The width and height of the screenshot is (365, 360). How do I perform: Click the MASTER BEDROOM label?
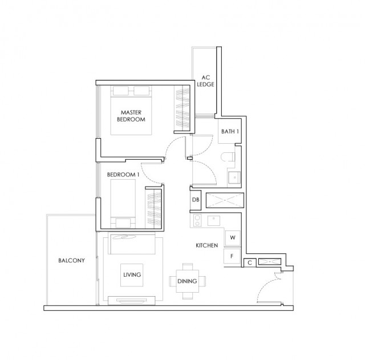pyautogui.click(x=131, y=116)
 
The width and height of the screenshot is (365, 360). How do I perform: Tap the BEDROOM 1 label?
pyautogui.click(x=123, y=175)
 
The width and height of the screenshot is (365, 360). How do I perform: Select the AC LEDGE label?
pyautogui.click(x=205, y=81)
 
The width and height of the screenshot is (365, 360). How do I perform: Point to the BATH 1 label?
pyautogui.click(x=230, y=131)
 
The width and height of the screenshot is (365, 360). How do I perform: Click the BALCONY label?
pyautogui.click(x=71, y=260)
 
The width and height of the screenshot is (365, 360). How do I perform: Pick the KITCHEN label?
pyautogui.click(x=207, y=245)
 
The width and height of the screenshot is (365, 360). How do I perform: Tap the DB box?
pyautogui.click(x=196, y=200)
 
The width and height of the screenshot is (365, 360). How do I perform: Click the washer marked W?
pyautogui.click(x=233, y=238)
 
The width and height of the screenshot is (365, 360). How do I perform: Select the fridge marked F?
pyautogui.click(x=232, y=256)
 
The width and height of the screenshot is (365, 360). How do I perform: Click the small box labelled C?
pyautogui.click(x=250, y=262)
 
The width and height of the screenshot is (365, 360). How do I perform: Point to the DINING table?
pyautogui.click(x=188, y=281)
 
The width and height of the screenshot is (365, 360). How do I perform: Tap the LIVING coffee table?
pyautogui.click(x=132, y=275)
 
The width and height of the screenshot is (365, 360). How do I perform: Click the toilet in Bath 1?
pyautogui.click(x=228, y=157)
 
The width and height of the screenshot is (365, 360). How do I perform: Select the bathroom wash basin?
pyautogui.click(x=234, y=178)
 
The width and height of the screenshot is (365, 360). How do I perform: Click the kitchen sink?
pyautogui.click(x=214, y=221)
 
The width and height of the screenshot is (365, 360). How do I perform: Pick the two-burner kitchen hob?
pyautogui.click(x=197, y=221)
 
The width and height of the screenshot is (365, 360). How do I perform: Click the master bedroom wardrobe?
pyautogui.click(x=182, y=108)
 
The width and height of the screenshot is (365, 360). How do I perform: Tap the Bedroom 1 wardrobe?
pyautogui.click(x=153, y=208)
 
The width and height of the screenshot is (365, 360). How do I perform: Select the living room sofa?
pyautogui.click(x=132, y=244)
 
